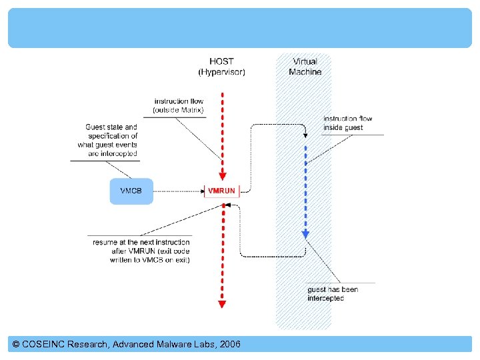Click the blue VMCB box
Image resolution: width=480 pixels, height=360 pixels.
pyautogui.click(x=131, y=191)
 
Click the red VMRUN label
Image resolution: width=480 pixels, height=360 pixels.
pyautogui.click(x=221, y=191)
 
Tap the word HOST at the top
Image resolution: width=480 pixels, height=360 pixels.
pyautogui.click(x=221, y=62)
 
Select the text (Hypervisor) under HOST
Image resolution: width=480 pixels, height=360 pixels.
pyautogui.click(x=221, y=72)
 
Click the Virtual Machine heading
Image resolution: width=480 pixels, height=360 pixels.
pyautogui.click(x=305, y=67)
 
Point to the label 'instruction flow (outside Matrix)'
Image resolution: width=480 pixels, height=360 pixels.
pyautogui.click(x=179, y=105)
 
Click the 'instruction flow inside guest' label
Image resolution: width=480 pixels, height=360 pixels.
pyautogui.click(x=347, y=123)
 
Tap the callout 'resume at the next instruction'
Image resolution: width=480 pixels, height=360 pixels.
pyautogui.click(x=141, y=251)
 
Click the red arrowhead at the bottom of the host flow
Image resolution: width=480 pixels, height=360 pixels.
pyautogui.click(x=222, y=305)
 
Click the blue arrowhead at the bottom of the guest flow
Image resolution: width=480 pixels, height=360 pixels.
pyautogui.click(x=305, y=234)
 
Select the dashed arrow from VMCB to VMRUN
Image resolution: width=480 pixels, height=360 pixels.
pyautogui.click(x=177, y=191)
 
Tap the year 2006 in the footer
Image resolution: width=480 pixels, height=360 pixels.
pyautogui.click(x=229, y=344)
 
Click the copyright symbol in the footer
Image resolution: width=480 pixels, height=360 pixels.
pyautogui.click(x=16, y=344)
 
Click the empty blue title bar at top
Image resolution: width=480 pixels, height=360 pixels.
pyautogui.click(x=239, y=28)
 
